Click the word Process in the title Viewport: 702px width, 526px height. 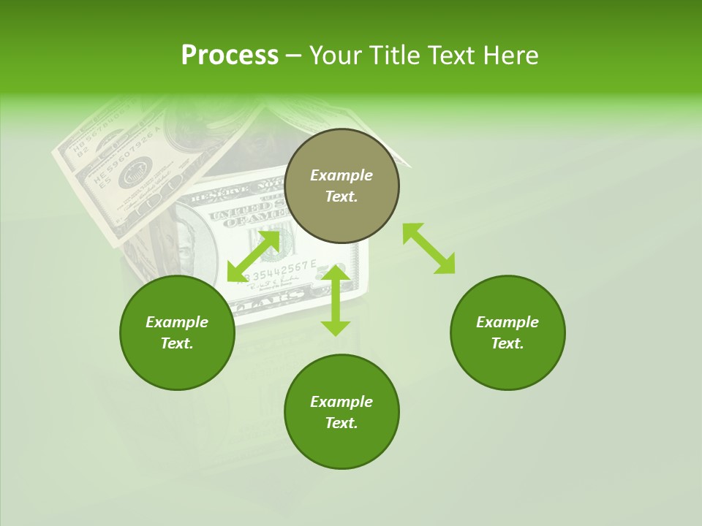pyautogui.click(x=230, y=56)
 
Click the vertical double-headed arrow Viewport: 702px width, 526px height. pyautogui.click(x=336, y=300)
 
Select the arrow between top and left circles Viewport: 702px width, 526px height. pyautogui.click(x=254, y=255)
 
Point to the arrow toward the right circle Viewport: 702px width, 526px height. pyautogui.click(x=429, y=248)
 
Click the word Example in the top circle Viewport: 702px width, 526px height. pyautogui.click(x=341, y=175)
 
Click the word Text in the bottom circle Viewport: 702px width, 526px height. pyautogui.click(x=341, y=423)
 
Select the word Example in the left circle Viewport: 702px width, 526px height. pyautogui.click(x=177, y=322)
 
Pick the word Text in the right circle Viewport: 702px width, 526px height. pyautogui.click(x=507, y=343)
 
